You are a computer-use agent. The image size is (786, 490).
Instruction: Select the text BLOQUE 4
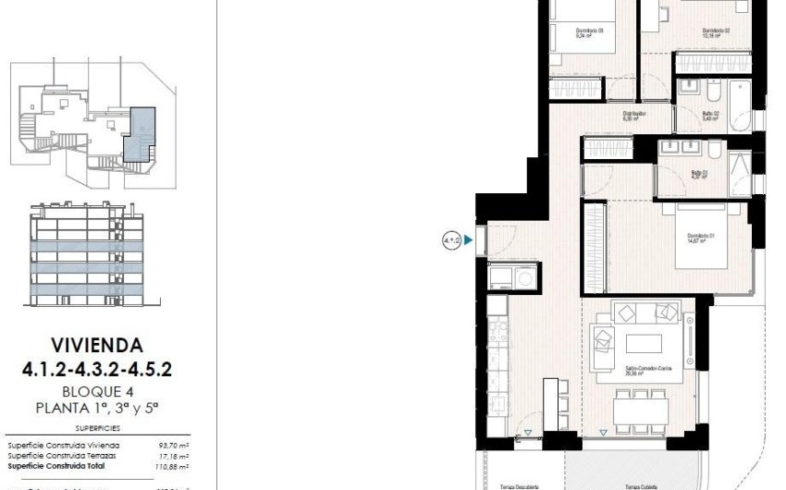coord(97,391)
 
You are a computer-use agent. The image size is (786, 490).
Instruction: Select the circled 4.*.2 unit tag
coord(451,242)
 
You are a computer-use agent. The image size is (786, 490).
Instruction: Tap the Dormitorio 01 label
coord(704,238)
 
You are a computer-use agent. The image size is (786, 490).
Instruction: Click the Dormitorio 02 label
coord(716,31)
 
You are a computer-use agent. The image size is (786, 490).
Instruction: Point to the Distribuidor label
coord(633,115)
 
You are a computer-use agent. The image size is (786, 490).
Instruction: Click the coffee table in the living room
coord(645,341)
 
